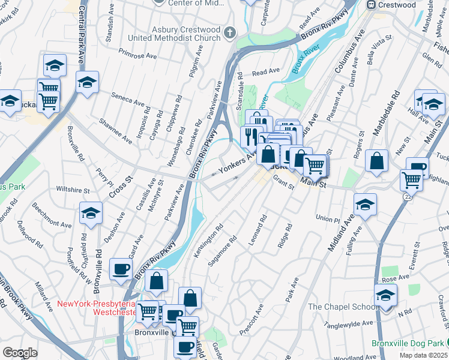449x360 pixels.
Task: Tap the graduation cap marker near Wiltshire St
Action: tap(91, 214)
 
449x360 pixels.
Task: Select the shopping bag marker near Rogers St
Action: tap(376, 161)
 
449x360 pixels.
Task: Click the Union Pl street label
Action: tap(331, 218)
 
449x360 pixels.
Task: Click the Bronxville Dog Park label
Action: tap(406, 343)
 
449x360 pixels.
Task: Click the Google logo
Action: tap(20, 353)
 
